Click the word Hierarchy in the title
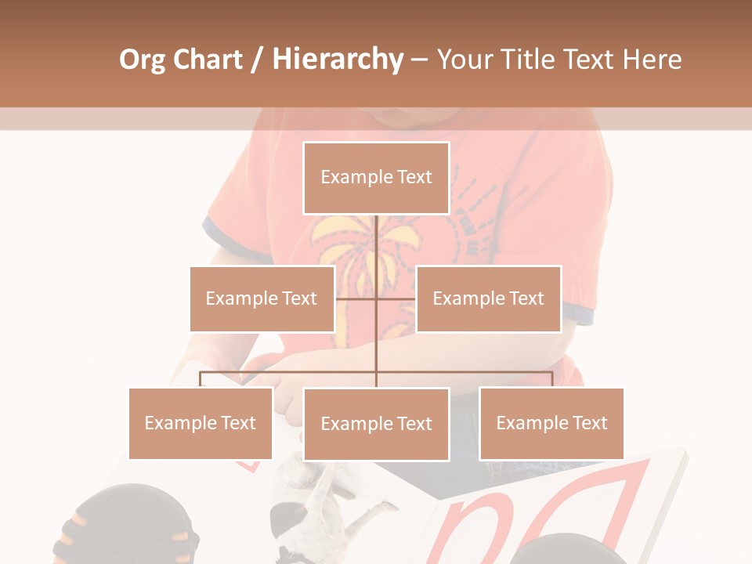point(338,60)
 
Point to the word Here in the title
point(652,60)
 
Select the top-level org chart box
point(376,178)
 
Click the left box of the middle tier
point(262,298)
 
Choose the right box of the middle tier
point(488,298)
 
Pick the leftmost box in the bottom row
point(200,423)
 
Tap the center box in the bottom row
point(376,424)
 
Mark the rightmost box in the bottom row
point(551,423)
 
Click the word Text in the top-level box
point(414,177)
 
